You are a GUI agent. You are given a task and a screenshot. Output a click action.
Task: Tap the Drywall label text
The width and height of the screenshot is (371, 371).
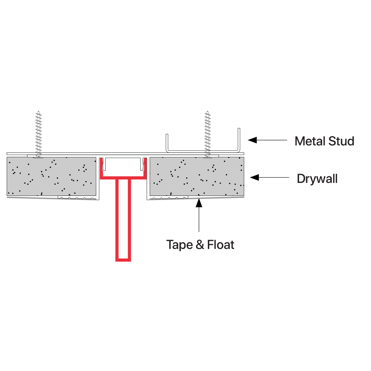point(317,179)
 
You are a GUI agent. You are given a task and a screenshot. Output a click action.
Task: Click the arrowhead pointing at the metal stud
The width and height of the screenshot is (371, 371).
point(252,140)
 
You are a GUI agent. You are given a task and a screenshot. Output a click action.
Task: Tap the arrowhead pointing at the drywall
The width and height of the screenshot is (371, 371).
point(254,177)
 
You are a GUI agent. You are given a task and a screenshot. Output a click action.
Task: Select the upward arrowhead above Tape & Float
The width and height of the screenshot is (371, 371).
point(200,202)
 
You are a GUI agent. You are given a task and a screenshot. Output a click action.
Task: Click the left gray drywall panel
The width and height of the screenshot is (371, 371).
point(52,176)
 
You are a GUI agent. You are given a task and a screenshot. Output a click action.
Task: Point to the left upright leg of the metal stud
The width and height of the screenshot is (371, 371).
point(167,143)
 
